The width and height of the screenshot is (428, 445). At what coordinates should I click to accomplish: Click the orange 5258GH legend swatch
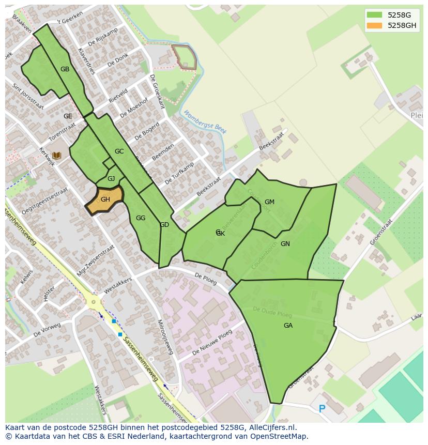point(375,25)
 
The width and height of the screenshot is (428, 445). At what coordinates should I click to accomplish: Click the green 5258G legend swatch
point(375,14)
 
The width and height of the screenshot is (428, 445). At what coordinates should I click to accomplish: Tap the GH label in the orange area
point(105,200)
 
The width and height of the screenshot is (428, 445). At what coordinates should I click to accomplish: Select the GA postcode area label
point(288,326)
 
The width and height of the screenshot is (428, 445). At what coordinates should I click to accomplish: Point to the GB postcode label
point(65,69)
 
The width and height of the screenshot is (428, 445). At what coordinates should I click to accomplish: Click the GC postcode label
point(119,151)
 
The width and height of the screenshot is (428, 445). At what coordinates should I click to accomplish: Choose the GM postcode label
point(269,202)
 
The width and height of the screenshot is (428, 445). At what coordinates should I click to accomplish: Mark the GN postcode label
point(285,244)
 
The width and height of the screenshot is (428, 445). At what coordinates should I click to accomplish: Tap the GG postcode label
point(141,218)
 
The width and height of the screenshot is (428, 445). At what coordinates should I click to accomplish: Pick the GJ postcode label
point(111,179)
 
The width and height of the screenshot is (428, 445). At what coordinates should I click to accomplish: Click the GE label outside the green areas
point(68,116)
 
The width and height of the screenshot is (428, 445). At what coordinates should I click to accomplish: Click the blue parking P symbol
point(322,409)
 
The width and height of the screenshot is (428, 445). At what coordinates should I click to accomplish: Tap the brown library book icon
point(56,155)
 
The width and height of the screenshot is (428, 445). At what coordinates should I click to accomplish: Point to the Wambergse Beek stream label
point(205,122)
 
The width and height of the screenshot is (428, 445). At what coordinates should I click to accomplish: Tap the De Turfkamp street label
point(179,173)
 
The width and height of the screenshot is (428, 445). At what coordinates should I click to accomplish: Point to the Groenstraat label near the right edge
point(381,232)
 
